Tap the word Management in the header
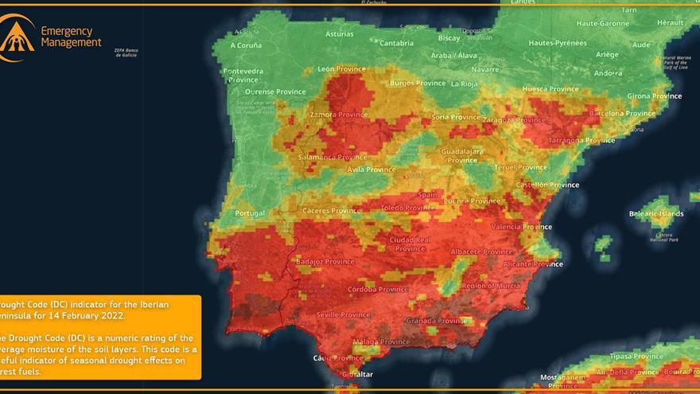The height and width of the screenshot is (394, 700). click(72, 42)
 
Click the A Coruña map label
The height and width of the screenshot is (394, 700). click(246, 45)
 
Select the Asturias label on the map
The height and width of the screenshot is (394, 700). click(340, 34)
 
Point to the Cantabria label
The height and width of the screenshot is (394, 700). click(397, 43)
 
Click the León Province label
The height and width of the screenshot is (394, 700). click(340, 69)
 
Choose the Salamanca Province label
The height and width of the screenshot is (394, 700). click(332, 158)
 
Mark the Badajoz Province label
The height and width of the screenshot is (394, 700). click(325, 261)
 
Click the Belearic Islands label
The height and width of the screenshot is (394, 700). click(656, 214)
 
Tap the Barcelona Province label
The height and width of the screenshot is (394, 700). click(621, 114)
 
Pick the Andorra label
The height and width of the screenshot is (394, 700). click(609, 73)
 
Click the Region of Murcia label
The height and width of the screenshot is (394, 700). click(491, 286)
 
